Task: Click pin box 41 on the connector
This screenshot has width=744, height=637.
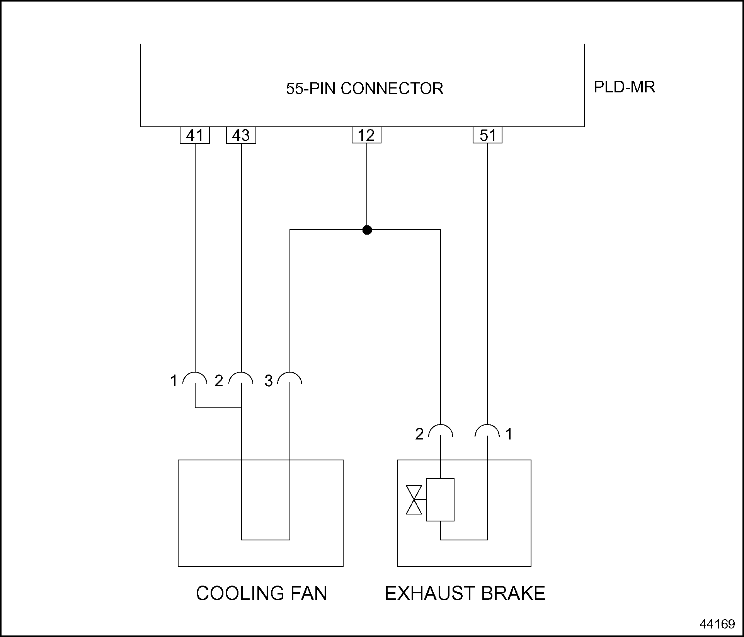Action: (x=194, y=135)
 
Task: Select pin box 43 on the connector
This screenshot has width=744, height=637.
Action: (x=241, y=135)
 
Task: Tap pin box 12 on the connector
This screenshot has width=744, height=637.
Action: (x=366, y=135)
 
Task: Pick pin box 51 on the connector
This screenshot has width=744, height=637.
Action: (x=487, y=135)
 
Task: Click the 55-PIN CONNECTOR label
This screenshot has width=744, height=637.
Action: (x=364, y=89)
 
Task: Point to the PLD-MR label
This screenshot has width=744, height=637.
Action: (x=624, y=87)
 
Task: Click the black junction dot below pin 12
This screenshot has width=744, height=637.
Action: (x=367, y=230)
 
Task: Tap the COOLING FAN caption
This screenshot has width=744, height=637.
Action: (x=262, y=593)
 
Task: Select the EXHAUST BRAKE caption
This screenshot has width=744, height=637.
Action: (x=465, y=593)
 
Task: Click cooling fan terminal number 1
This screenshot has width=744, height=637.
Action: (x=174, y=381)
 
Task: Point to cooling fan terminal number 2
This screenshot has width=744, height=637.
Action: (x=219, y=381)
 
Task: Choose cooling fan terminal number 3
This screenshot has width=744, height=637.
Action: (x=269, y=381)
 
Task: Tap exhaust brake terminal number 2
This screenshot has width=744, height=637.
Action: (x=419, y=434)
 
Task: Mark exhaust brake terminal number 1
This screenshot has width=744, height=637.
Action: (x=509, y=434)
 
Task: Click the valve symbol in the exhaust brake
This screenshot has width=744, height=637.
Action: (x=414, y=500)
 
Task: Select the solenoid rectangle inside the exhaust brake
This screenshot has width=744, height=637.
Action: (x=440, y=500)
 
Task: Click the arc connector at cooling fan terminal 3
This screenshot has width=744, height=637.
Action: (x=290, y=378)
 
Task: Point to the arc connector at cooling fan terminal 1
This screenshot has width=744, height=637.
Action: (x=195, y=378)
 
